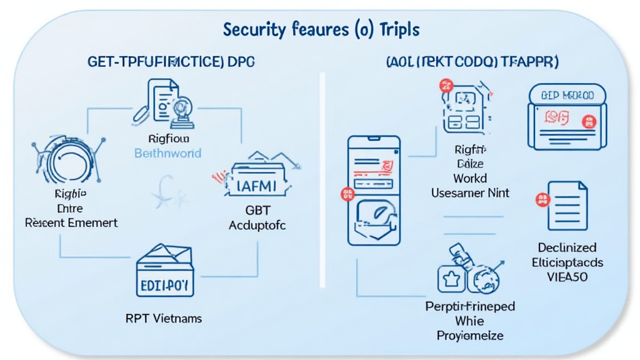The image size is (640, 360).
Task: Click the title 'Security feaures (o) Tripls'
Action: pos(321,29)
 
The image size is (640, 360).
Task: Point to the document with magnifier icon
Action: pos(167,102)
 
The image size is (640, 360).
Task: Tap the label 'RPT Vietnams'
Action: pos(164,318)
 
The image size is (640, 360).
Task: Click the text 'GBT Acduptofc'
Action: pos(257,217)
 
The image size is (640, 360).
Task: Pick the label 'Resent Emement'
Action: pos(71,222)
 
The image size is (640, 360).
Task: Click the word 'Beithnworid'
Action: pos(168,153)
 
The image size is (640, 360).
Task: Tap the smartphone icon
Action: pos(373,190)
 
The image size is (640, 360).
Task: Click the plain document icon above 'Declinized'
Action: pos(567,206)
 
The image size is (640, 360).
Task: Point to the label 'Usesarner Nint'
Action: pos(470,194)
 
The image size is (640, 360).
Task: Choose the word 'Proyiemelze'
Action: pos(470,336)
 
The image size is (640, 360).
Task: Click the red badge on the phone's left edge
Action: pos(345,195)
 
